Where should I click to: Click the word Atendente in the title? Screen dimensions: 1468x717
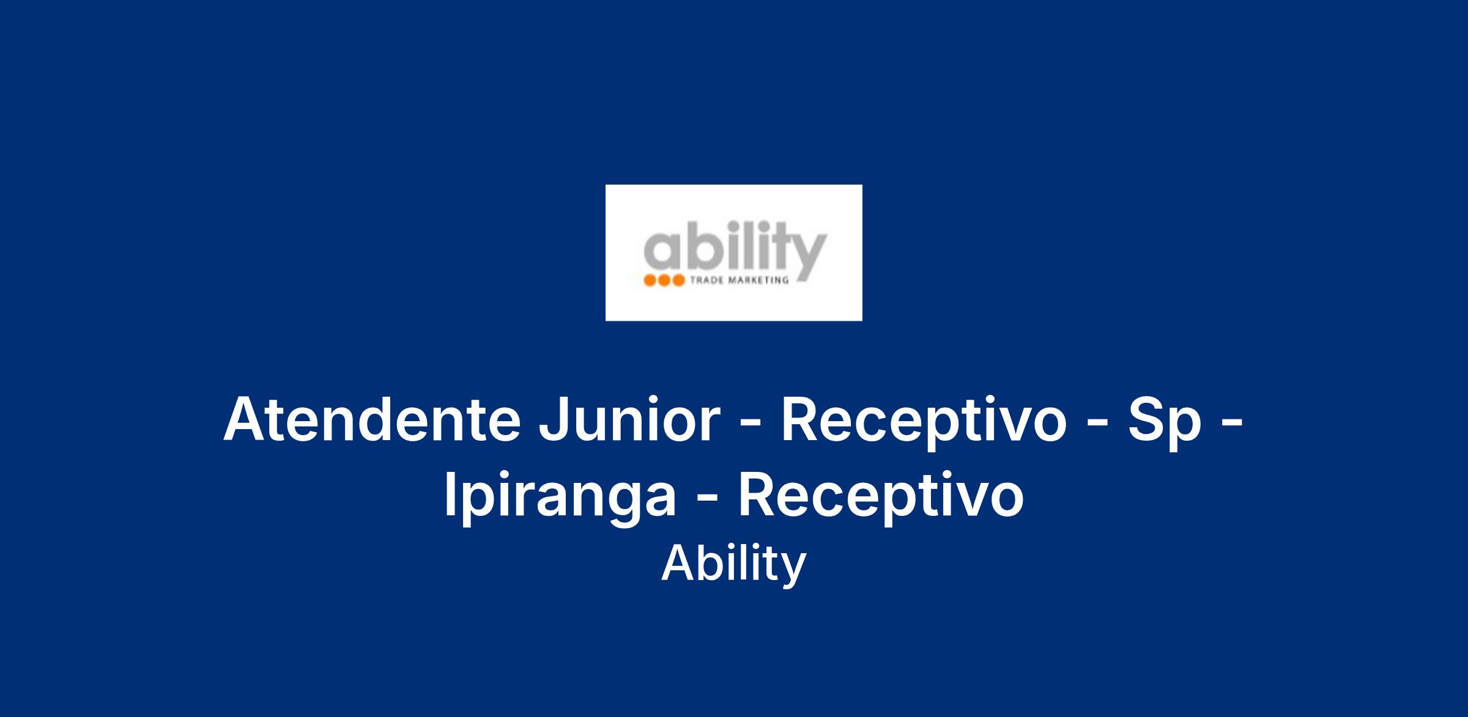[372, 421]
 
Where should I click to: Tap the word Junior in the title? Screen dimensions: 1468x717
[629, 421]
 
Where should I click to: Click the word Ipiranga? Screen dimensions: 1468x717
[560, 499]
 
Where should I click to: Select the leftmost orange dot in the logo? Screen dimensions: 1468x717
[650, 281]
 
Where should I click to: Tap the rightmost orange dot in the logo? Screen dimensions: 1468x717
[678, 281]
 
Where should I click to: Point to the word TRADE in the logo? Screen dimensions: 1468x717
[702, 281]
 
